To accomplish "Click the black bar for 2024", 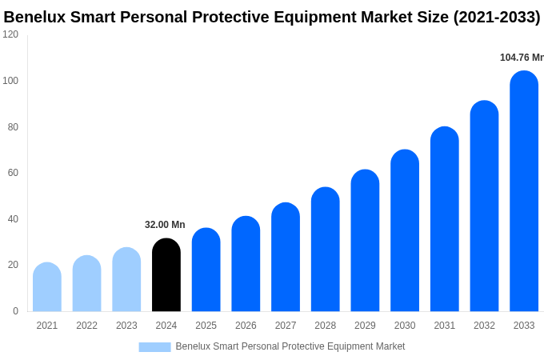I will point(166,275).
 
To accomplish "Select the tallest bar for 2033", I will point(524,192).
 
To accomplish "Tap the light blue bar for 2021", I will point(47,287).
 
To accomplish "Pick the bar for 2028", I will point(325,250).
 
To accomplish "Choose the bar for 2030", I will point(405,231).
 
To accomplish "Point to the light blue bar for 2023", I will point(126,280).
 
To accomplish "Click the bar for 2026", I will point(246,264).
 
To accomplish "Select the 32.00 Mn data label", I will point(165,225).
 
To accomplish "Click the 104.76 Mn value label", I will point(522,58).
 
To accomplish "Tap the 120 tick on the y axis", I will point(10,34).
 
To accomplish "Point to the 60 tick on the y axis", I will point(13,173).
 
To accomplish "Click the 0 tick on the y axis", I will point(15,311).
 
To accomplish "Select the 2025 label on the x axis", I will point(206,326).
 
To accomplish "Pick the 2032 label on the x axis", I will point(484,326).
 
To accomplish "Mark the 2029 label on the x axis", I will point(365,326).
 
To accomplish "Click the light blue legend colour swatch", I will point(154,347).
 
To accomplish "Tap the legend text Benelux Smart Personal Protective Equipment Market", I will point(290,346).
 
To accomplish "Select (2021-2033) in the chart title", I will point(497,17).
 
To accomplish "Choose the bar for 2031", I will point(445,219).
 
